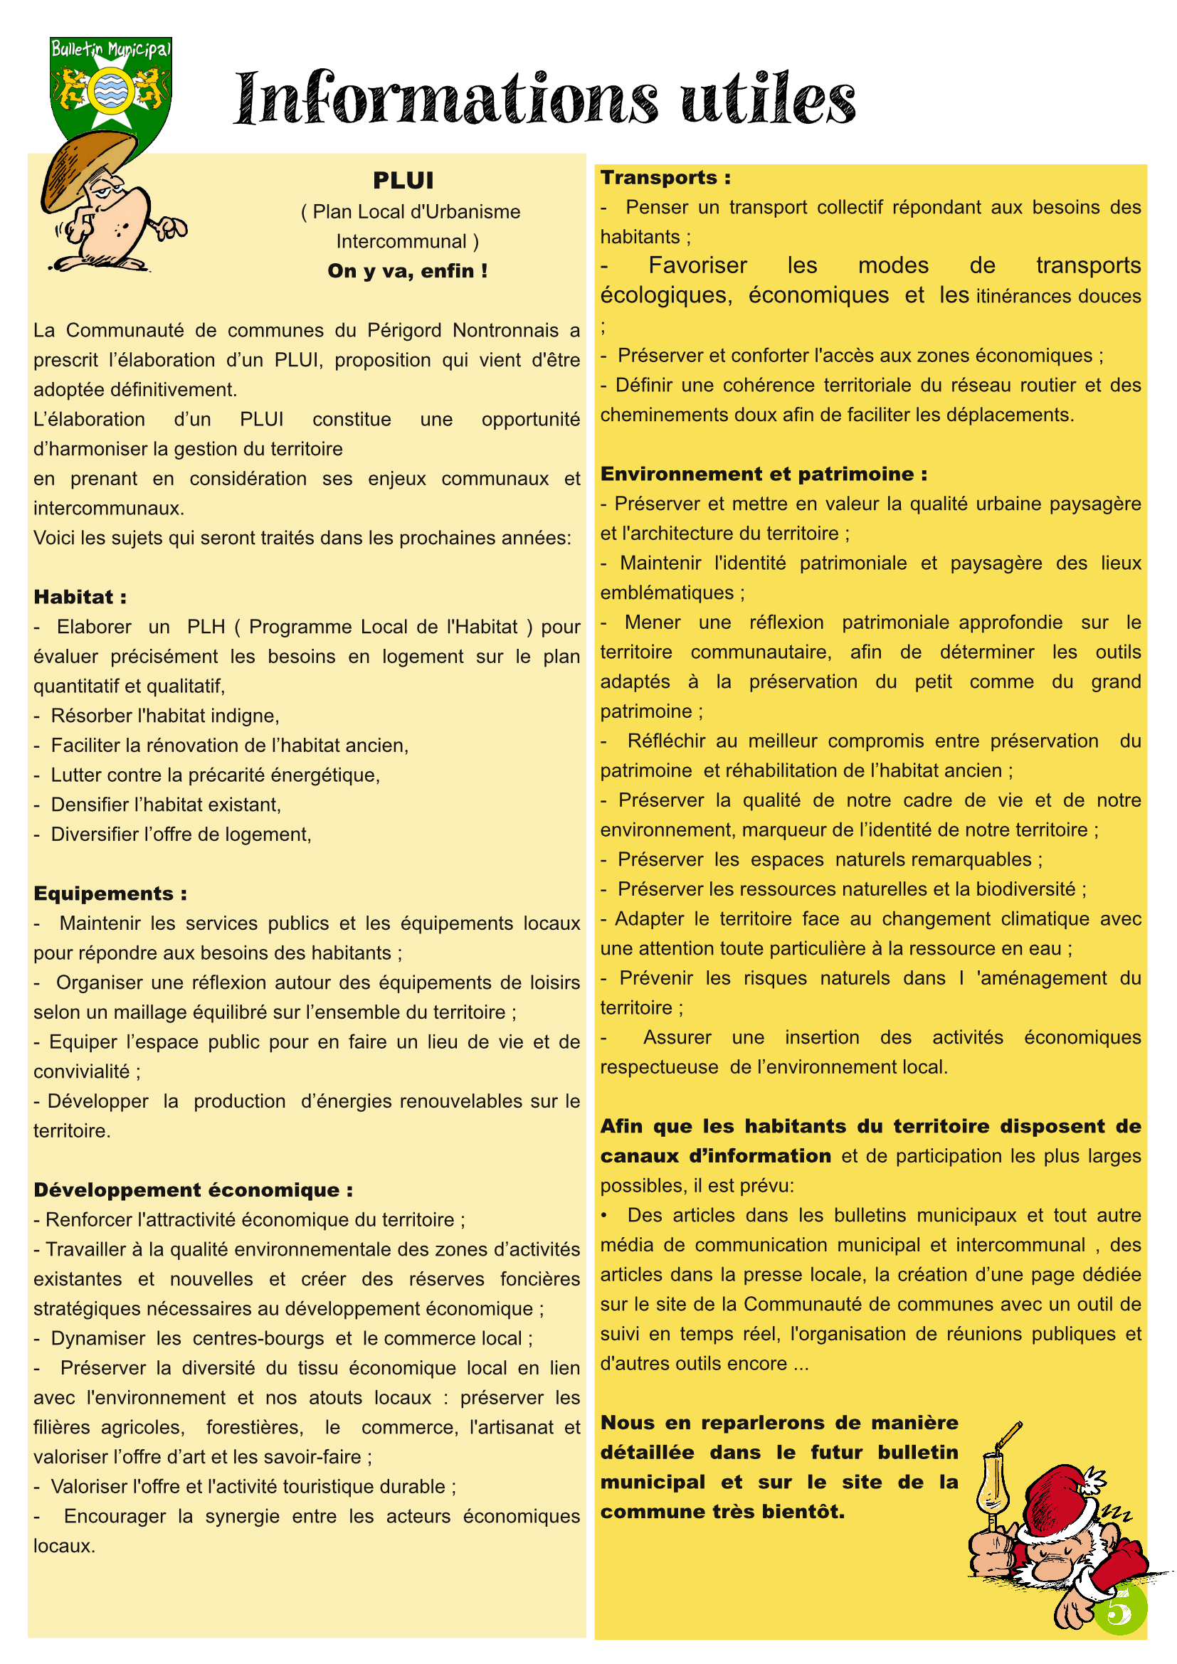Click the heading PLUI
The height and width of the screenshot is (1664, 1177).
point(403,180)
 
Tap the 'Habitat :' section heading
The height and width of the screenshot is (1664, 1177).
point(80,597)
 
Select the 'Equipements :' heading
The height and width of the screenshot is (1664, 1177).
point(110,894)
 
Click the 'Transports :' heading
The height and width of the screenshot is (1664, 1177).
point(665,178)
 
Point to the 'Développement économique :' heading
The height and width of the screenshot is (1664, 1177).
point(193,1190)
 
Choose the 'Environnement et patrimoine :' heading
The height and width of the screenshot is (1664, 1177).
point(763,474)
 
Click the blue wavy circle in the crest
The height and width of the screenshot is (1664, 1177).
point(110,90)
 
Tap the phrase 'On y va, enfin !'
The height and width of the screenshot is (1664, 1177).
point(407,271)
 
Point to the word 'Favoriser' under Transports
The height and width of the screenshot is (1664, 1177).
point(697,266)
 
